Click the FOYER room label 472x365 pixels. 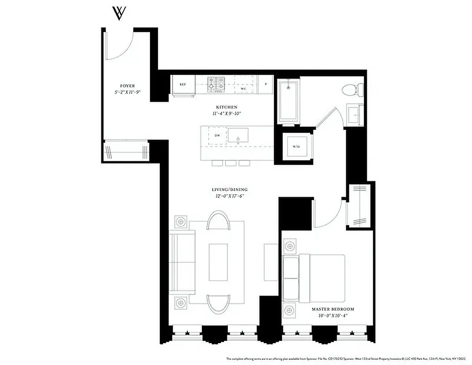[x=127, y=86]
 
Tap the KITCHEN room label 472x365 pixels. [x=224, y=107]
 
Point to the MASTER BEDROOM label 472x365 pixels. [x=333, y=309]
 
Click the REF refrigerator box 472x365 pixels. [x=183, y=85]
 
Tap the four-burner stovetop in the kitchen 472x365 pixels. [x=217, y=84]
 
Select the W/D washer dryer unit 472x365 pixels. [x=296, y=146]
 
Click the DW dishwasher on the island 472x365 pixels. [x=217, y=136]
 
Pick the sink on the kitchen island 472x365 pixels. [x=238, y=135]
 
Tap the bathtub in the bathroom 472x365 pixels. [x=288, y=101]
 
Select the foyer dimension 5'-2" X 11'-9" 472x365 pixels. [x=127, y=92]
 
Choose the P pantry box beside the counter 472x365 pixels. [x=265, y=84]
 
